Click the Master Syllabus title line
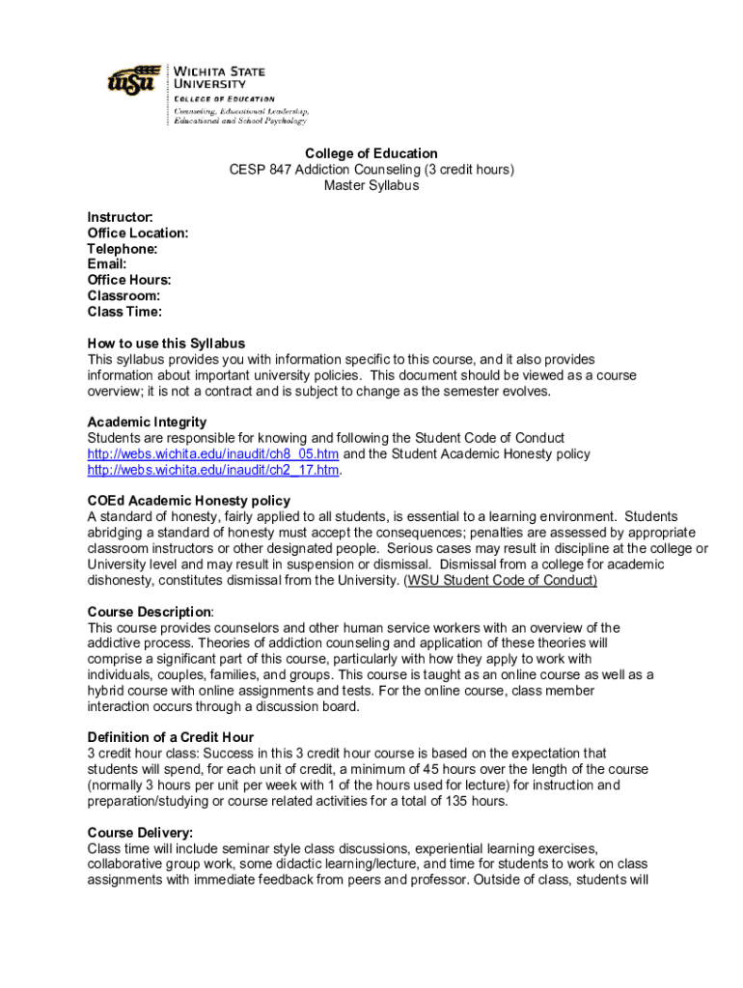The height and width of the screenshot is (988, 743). pyautogui.click(x=371, y=185)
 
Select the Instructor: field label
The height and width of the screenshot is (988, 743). pyautogui.click(x=120, y=217)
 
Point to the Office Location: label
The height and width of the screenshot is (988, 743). pyautogui.click(x=137, y=233)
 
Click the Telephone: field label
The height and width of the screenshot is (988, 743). pyautogui.click(x=123, y=249)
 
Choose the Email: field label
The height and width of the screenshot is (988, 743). pyautogui.click(x=107, y=264)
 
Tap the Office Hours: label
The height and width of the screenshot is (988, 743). pyautogui.click(x=129, y=280)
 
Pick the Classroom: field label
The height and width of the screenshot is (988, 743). pyautogui.click(x=124, y=296)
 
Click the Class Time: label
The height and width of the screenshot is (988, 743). pyautogui.click(x=124, y=312)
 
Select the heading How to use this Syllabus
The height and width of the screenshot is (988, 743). pyautogui.click(x=166, y=343)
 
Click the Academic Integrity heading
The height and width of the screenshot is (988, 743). pyautogui.click(x=147, y=423)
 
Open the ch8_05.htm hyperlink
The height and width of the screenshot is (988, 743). pyautogui.click(x=212, y=454)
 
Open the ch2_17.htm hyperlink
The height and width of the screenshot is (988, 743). pyautogui.click(x=213, y=470)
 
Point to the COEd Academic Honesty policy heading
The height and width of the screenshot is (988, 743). pyautogui.click(x=188, y=501)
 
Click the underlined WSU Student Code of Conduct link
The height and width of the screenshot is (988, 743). pyautogui.click(x=502, y=580)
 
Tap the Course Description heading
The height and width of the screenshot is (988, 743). pyautogui.click(x=150, y=612)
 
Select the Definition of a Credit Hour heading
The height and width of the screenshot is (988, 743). pyautogui.click(x=171, y=737)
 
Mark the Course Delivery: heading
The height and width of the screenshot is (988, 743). pyautogui.click(x=140, y=832)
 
